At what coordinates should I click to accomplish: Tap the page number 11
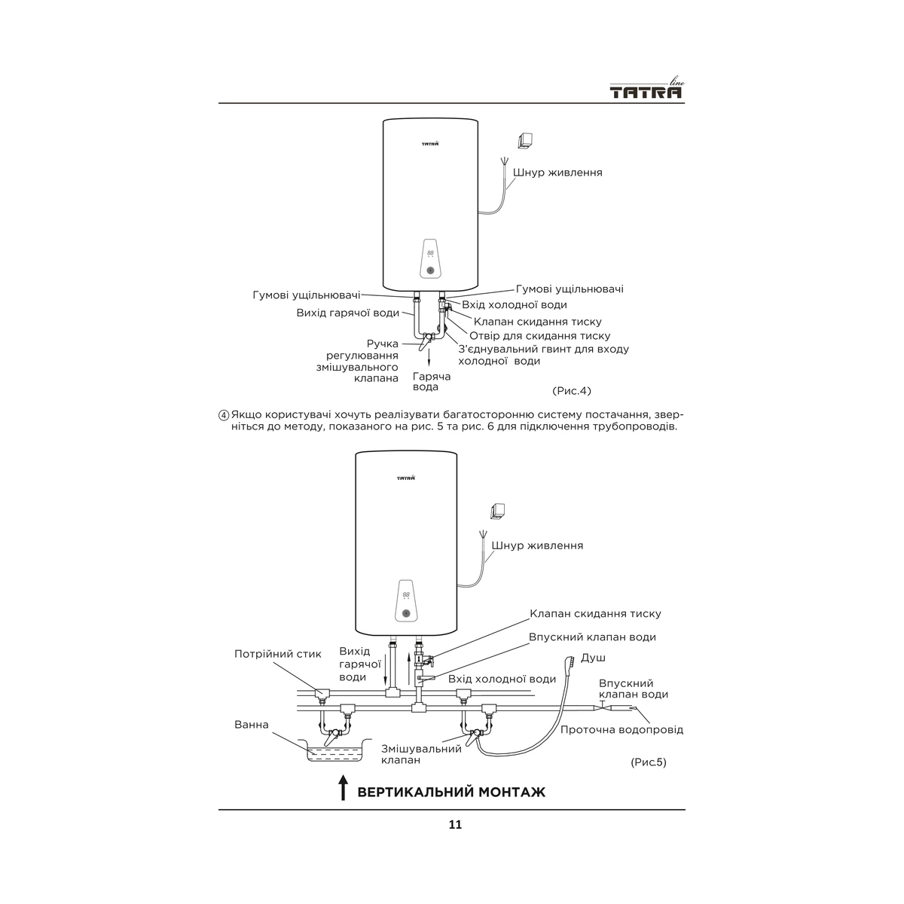(x=455, y=824)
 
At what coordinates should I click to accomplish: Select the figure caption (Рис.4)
(x=571, y=391)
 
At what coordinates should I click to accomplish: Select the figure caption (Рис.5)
(x=649, y=762)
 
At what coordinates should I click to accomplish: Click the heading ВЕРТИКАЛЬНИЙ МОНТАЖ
(x=451, y=793)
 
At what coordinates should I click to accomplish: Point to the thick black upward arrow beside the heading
(x=344, y=787)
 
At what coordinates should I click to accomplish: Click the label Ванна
(x=252, y=725)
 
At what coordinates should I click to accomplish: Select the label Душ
(x=593, y=658)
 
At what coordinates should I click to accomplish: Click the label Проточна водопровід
(x=621, y=730)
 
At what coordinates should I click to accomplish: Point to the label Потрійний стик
(x=278, y=654)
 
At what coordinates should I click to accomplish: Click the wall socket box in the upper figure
(x=524, y=141)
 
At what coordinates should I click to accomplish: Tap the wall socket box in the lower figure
(x=497, y=512)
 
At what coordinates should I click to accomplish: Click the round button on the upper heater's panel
(x=430, y=270)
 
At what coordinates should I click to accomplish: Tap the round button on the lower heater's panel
(x=406, y=613)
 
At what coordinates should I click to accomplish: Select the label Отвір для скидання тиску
(x=540, y=336)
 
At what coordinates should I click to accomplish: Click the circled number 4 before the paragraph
(x=224, y=415)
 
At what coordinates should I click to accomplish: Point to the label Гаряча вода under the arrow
(x=432, y=381)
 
